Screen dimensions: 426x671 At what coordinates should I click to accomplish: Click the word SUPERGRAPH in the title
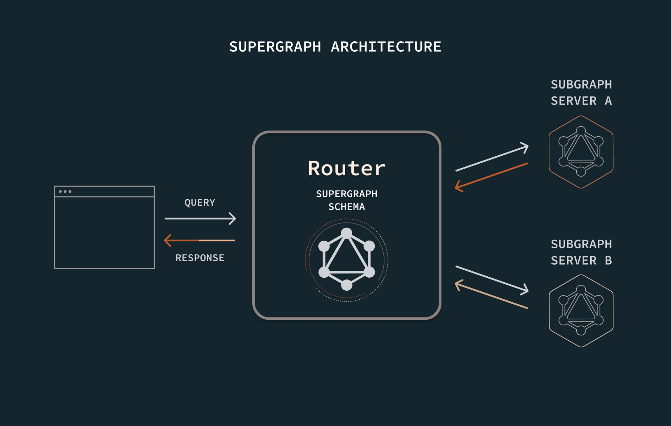point(275,47)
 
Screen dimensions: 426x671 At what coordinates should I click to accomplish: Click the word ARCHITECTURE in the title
point(386,47)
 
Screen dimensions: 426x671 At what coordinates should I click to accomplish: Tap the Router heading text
point(346,169)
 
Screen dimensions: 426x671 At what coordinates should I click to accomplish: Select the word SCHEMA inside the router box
point(346,207)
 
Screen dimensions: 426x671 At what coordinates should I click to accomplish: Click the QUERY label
point(200,203)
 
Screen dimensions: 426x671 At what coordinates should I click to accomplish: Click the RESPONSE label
point(200,258)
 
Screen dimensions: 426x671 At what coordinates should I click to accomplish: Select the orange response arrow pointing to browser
point(199,240)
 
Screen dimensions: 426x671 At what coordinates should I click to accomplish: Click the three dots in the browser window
point(65,192)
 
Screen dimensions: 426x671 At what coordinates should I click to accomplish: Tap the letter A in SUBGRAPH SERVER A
point(608,101)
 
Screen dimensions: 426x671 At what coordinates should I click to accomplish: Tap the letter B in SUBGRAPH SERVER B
point(608,261)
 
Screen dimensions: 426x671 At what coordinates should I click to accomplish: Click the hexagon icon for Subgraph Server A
point(581,152)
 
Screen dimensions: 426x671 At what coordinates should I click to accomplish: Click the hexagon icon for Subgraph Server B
point(581,311)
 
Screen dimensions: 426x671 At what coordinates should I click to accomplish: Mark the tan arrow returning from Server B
point(491,296)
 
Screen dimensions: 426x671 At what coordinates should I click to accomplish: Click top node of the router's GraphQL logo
point(346,233)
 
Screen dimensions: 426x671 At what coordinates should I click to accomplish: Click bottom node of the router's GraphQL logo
point(346,285)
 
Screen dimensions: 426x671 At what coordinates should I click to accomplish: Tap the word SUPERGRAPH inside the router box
point(346,194)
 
